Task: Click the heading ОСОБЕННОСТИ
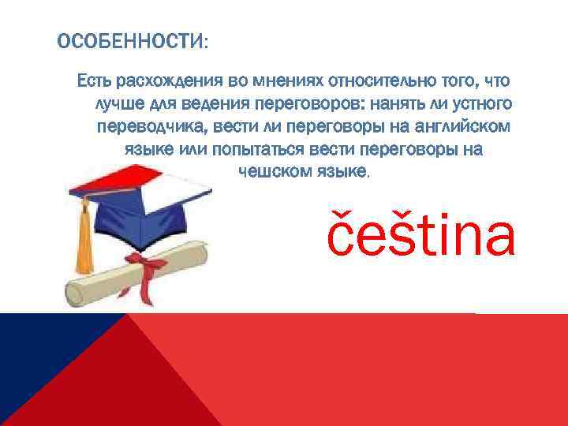(131, 41)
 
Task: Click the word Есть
(93, 80)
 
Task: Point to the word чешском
(269, 171)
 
